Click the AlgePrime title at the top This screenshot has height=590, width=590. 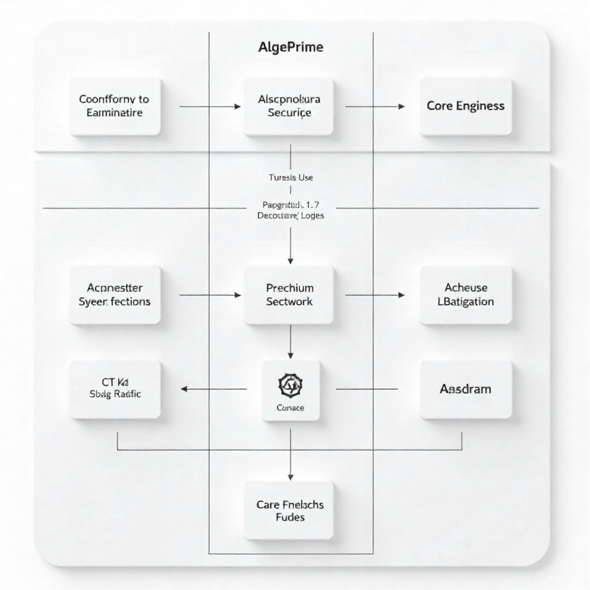tap(290, 47)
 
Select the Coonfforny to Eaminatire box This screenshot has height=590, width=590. tap(115, 106)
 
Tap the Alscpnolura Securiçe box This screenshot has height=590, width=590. tap(289, 106)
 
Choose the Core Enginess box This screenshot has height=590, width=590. tap(466, 106)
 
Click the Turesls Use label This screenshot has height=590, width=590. tap(290, 177)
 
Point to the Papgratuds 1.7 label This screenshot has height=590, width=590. tap(290, 204)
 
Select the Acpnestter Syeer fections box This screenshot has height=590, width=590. tap(115, 294)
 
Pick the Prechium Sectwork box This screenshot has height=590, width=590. tap(289, 294)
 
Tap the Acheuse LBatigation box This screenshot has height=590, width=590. tap(466, 294)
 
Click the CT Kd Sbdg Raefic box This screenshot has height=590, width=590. tap(115, 389)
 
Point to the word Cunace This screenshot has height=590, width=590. tap(290, 408)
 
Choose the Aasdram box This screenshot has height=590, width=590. tap(466, 389)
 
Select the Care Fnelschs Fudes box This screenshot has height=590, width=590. tap(289, 510)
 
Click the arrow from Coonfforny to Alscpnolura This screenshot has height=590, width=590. tap(210, 107)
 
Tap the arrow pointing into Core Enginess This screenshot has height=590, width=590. tap(375, 107)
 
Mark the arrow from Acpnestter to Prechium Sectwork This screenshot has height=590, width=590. tap(210, 295)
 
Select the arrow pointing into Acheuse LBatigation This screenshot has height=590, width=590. tap(375, 295)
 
